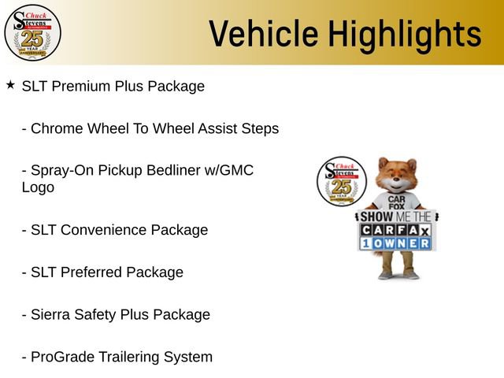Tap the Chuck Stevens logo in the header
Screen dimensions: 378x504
point(32,32)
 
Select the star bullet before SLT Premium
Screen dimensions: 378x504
point(9,84)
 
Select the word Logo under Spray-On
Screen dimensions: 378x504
point(38,187)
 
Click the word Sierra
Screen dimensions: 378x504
point(51,315)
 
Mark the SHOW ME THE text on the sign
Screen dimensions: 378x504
point(396,216)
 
